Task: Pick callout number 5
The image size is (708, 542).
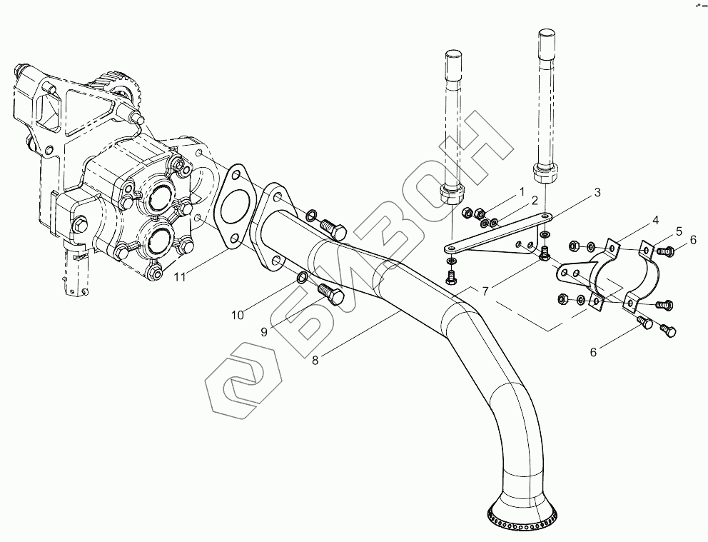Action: pos(679,231)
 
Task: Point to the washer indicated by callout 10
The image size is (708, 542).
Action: pos(302,277)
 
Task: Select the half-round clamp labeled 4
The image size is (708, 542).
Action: pos(620,275)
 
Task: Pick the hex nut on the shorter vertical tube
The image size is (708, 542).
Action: pos(452,194)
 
